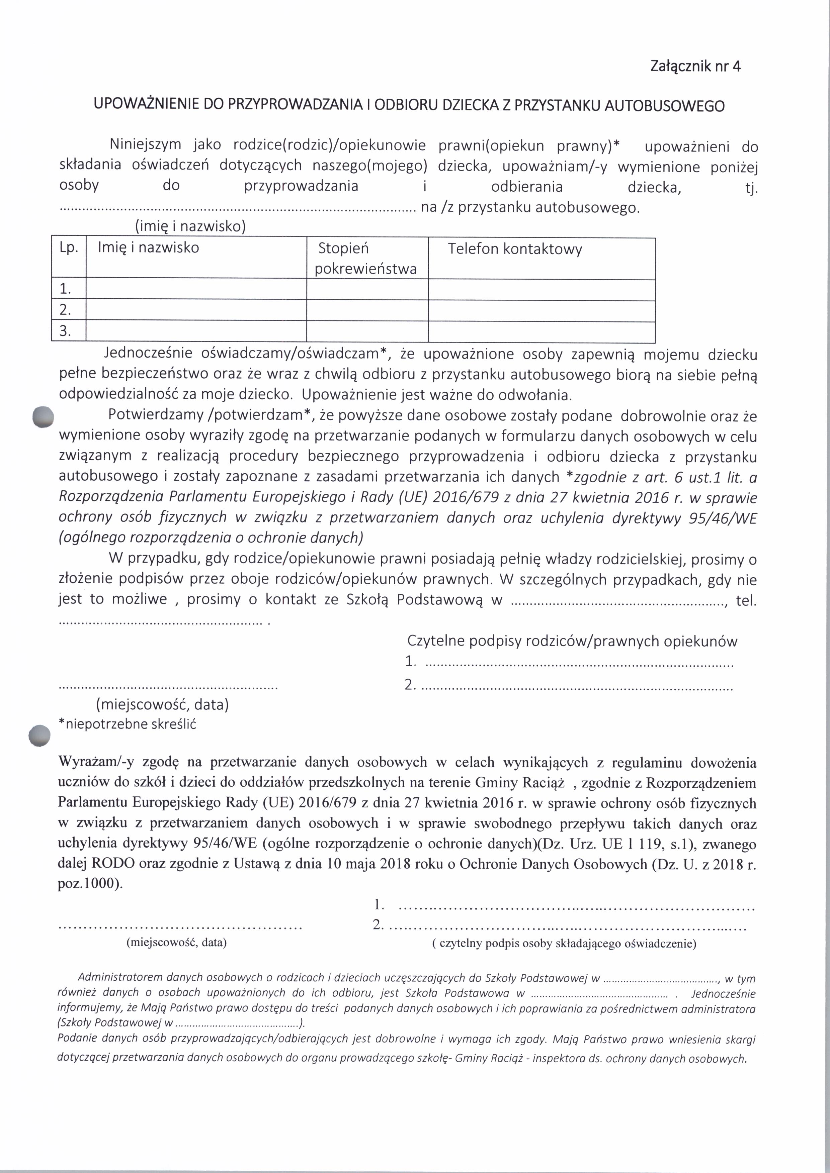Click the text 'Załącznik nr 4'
tap(695, 67)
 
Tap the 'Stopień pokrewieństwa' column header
tap(365, 259)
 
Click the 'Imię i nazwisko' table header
tap(148, 248)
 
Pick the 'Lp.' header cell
tap(69, 248)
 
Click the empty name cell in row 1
tap(196, 289)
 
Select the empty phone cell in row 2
tap(541, 311)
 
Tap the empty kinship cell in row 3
tap(367, 331)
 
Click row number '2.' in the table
tap(65, 310)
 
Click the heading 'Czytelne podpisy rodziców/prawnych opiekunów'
tap(572, 642)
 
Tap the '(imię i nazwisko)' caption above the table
tap(190, 226)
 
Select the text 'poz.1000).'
tap(90, 884)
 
